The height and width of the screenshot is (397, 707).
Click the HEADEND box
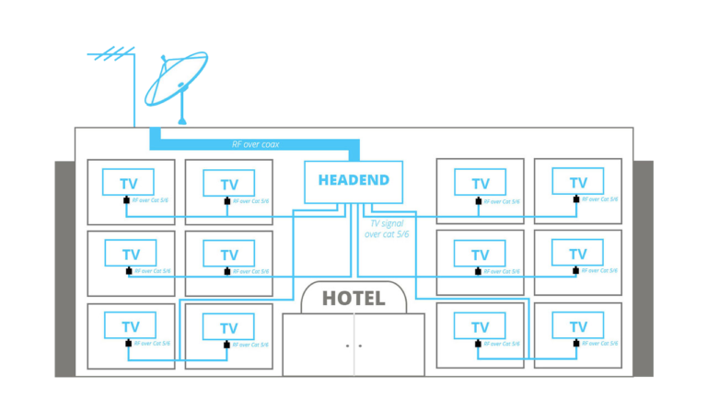coord(353,181)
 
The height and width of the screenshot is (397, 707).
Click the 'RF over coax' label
coord(256,144)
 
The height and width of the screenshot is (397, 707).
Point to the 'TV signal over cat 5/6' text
coord(388,229)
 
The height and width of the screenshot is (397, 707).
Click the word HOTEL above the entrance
coord(353,299)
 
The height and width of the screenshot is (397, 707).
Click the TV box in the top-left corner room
coord(130,183)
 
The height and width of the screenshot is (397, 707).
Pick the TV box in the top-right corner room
coord(577,182)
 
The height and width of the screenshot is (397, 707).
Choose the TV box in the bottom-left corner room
coord(130,326)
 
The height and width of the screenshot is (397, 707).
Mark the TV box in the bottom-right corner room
coord(577,326)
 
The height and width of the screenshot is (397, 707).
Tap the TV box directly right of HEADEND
coord(480,183)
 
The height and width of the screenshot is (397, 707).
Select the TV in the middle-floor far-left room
coord(130,254)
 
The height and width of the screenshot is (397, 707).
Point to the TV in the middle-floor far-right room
coord(577,254)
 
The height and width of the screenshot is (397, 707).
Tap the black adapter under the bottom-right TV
coord(575,344)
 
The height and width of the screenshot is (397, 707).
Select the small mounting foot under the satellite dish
coord(182,121)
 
